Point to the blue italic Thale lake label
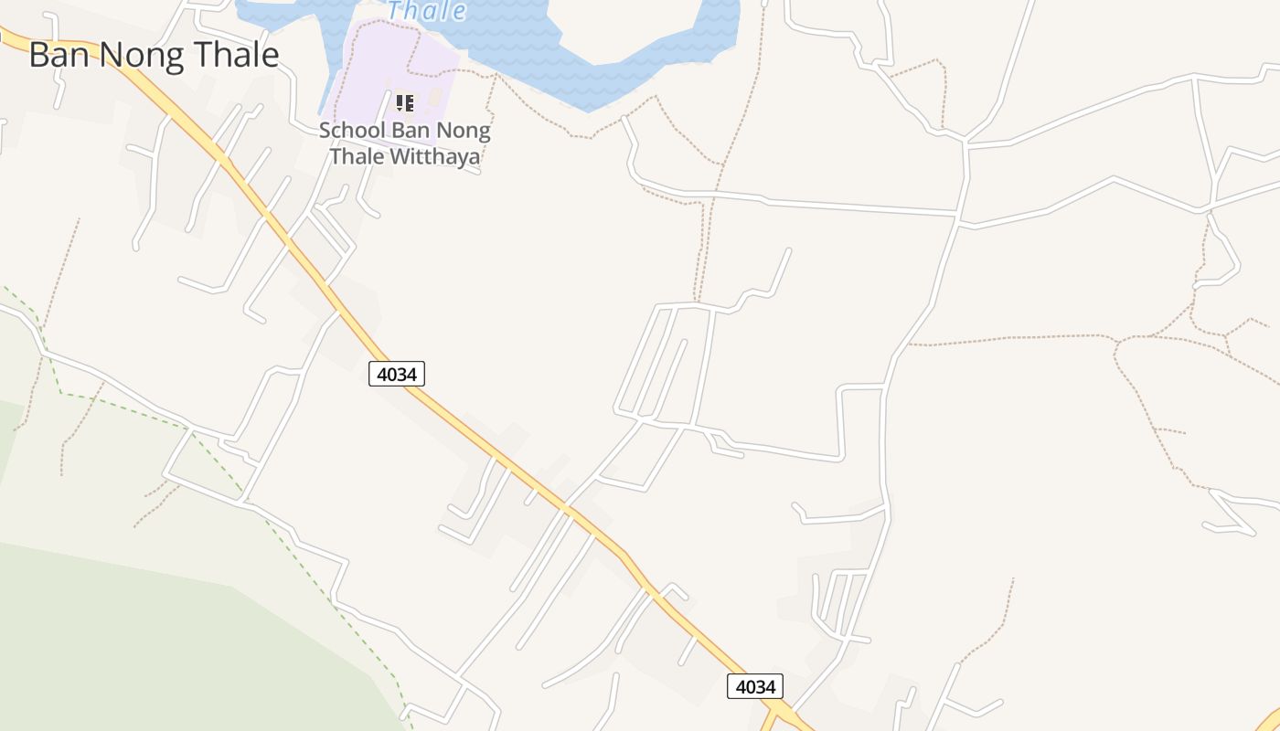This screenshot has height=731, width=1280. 426,11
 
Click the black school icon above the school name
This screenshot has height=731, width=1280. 404,102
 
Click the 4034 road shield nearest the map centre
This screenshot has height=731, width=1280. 397,373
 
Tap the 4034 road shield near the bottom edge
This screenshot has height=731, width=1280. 755,686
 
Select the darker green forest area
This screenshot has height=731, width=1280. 137,640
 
